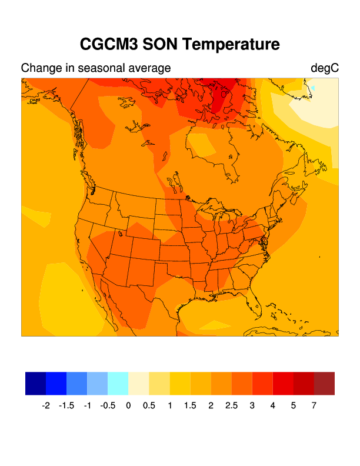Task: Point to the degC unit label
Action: tap(325, 68)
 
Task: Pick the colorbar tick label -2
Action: tap(46, 405)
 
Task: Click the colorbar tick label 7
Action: tap(314, 405)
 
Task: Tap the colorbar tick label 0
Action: tap(128, 405)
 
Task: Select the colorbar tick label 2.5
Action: tap(231, 405)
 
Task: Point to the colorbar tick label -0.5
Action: tap(107, 405)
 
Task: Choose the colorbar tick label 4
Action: tap(273, 405)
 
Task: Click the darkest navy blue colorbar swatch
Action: tap(36, 383)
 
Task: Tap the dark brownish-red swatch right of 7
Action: tap(325, 383)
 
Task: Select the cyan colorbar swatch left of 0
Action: tap(118, 383)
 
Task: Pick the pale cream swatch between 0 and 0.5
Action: tap(139, 383)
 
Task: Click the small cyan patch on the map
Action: tap(314, 88)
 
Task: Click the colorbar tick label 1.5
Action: tap(190, 405)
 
